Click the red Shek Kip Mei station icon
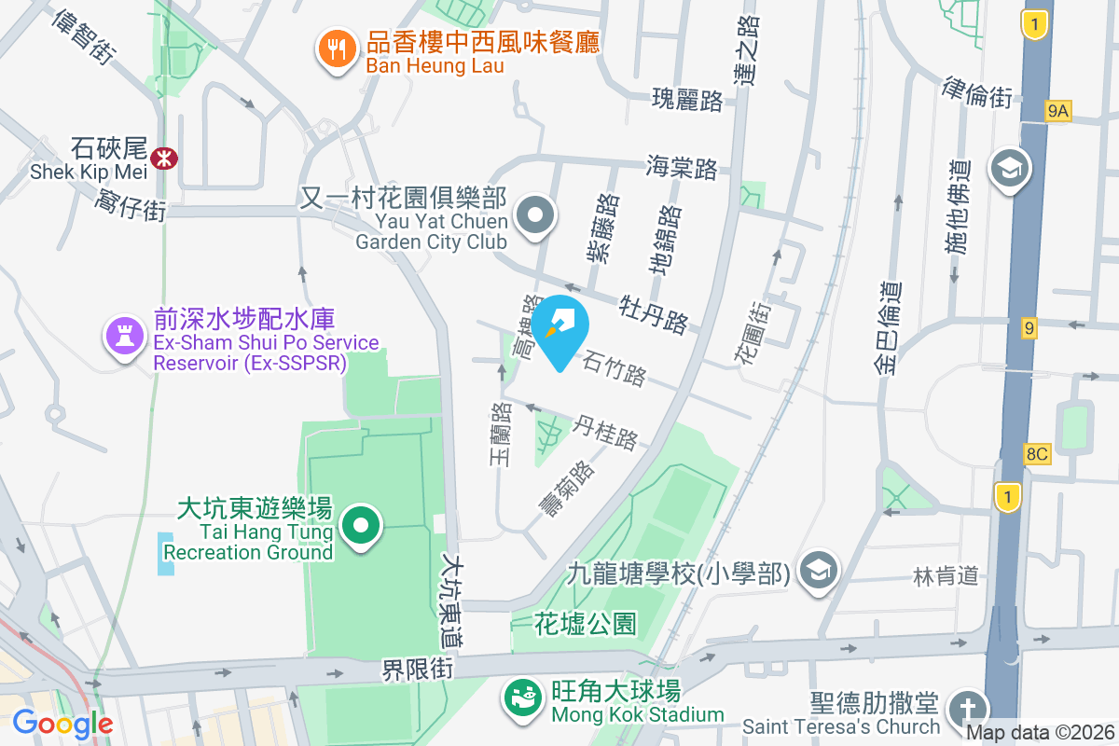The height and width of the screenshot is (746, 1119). (166, 158)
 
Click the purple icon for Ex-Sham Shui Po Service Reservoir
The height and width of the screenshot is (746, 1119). (123, 334)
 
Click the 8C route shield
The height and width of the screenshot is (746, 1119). (1037, 454)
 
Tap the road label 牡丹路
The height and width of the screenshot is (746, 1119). (655, 314)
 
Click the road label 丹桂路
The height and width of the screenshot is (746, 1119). (607, 432)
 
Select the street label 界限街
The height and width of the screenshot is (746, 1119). (418, 670)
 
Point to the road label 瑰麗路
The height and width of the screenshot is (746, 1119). (687, 98)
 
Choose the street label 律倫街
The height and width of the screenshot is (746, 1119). (977, 92)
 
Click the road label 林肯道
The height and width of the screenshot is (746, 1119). (946, 576)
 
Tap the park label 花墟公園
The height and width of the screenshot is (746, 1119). (585, 624)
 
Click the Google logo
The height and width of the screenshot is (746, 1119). (62, 723)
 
